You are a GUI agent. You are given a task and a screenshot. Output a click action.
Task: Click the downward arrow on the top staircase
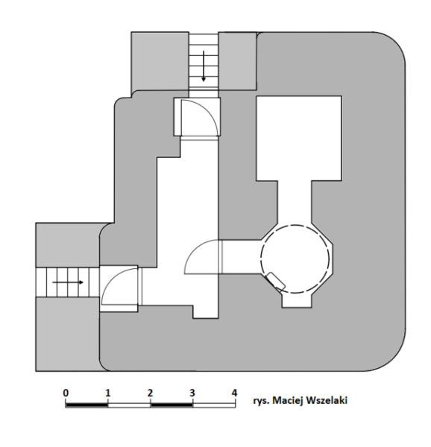204,66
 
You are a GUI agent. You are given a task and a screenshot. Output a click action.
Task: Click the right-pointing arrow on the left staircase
68,282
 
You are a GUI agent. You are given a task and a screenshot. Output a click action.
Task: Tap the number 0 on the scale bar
66,393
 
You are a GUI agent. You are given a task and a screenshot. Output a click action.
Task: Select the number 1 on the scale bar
107,393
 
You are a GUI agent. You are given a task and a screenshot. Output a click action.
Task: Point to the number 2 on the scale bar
150,393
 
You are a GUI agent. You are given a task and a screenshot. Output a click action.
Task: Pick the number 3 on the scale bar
192,393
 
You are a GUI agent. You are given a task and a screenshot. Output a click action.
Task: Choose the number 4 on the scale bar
234,393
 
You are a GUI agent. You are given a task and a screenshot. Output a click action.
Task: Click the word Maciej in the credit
288,401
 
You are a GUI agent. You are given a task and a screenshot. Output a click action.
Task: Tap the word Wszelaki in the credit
327,400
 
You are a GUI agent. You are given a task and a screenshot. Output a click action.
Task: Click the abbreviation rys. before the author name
261,401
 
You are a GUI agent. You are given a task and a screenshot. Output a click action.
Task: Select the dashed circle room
295,259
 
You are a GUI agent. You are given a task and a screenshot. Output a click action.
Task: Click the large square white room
299,139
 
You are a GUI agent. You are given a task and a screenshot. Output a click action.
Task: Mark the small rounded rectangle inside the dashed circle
276,281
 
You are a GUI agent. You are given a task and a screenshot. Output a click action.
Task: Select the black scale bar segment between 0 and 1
86,405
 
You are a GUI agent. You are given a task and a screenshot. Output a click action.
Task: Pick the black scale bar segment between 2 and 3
172,405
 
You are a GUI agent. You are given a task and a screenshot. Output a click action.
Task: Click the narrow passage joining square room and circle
295,203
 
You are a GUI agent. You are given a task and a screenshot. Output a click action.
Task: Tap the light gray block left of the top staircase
160,61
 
